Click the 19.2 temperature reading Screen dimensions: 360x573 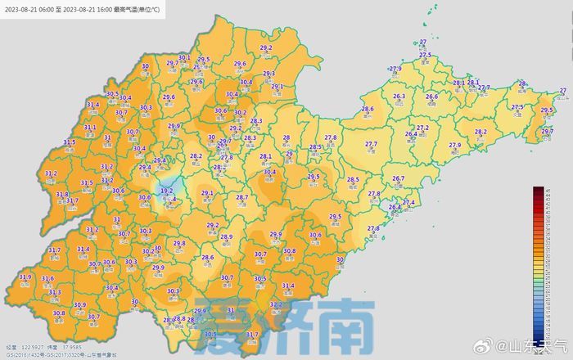[x=166, y=191]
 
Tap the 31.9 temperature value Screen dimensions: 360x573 [x=25, y=278]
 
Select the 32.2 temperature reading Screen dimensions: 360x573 [x=277, y=304]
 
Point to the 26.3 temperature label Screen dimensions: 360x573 [x=399, y=97]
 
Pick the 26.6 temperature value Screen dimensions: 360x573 [x=431, y=97]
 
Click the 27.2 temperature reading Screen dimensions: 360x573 [x=423, y=128]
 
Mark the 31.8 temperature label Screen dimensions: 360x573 [x=61, y=195]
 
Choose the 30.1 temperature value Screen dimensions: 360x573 [x=184, y=58]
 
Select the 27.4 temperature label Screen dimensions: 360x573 [x=408, y=202]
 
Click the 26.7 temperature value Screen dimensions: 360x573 [x=399, y=178]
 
